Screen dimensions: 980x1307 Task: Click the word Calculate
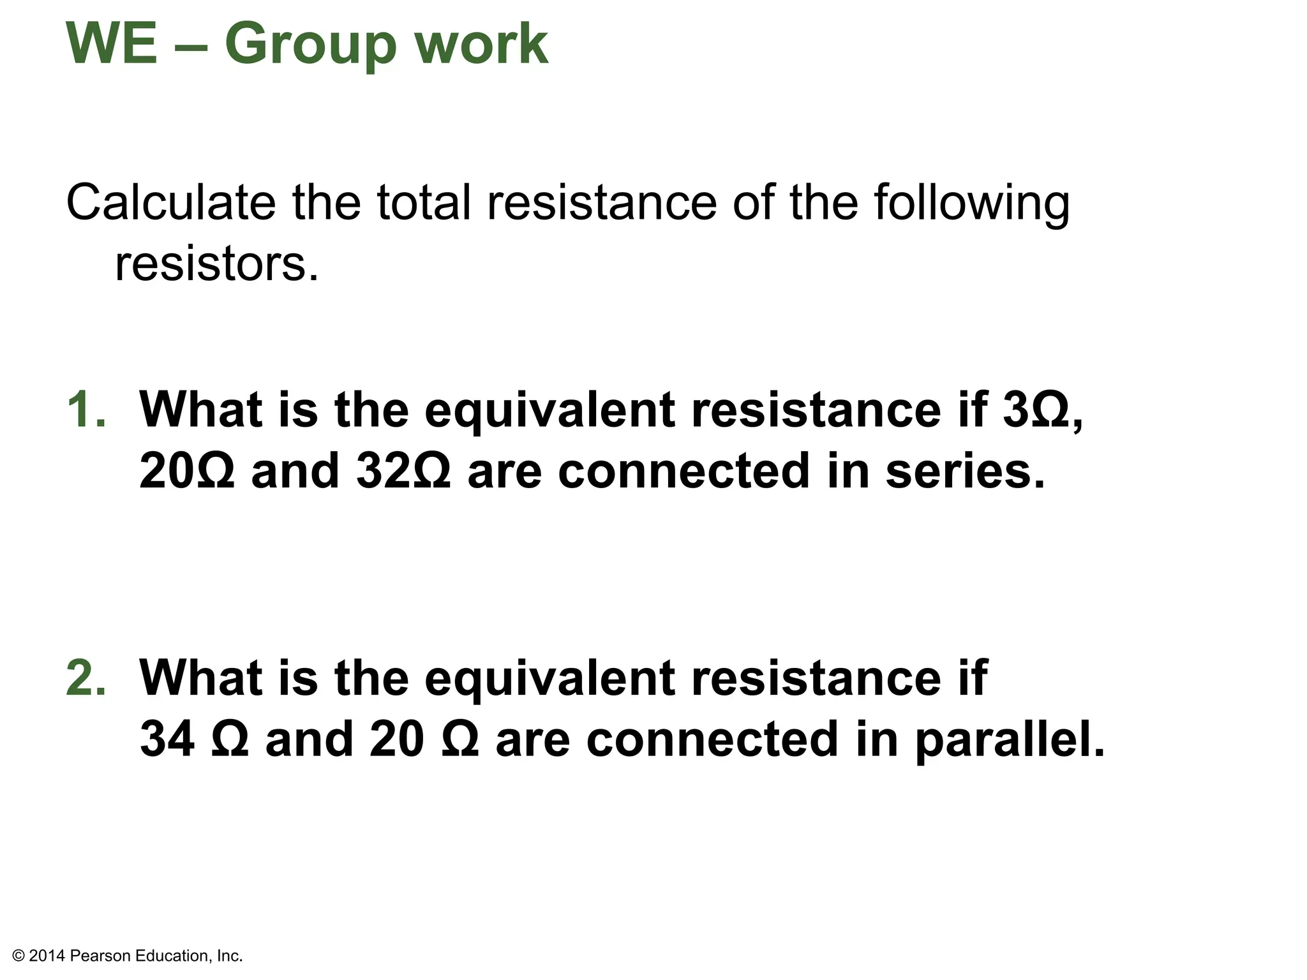[x=170, y=203]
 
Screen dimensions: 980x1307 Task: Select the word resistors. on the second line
[x=216, y=264]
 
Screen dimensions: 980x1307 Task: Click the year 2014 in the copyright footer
[x=47, y=956]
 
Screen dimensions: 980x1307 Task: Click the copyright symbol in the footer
[x=19, y=956]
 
